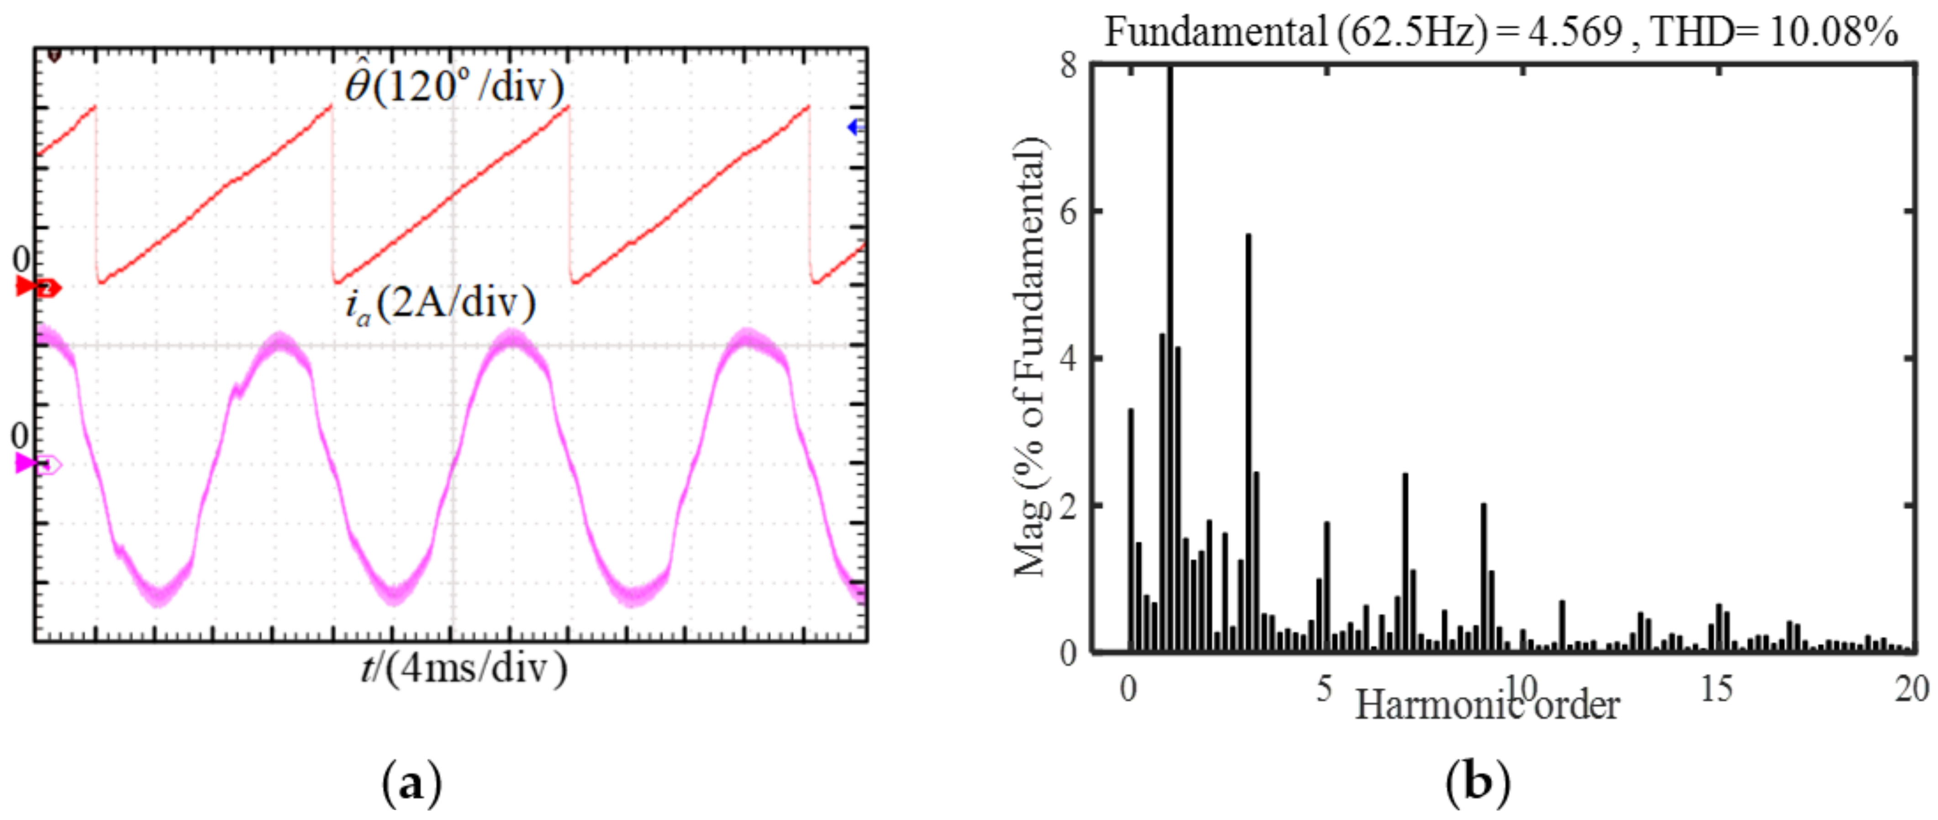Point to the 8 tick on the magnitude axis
(x=1068, y=65)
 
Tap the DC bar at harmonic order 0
(x=1130, y=531)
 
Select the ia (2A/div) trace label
(x=440, y=305)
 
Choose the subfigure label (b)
(x=1478, y=783)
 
